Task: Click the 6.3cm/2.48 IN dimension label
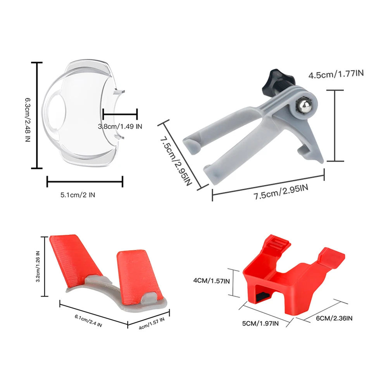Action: pyautogui.click(x=28, y=120)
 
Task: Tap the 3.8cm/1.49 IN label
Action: pyautogui.click(x=120, y=126)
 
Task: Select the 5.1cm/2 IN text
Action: pyautogui.click(x=78, y=195)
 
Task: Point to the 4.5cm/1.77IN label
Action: pyautogui.click(x=336, y=74)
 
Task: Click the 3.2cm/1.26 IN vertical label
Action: pyautogui.click(x=38, y=267)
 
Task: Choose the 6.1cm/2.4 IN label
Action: pyautogui.click(x=88, y=321)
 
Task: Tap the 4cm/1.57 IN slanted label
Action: pyautogui.click(x=152, y=324)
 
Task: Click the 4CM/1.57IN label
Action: pyautogui.click(x=212, y=281)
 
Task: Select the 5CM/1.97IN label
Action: pyautogui.click(x=260, y=323)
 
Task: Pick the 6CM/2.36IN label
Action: pyautogui.click(x=334, y=318)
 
